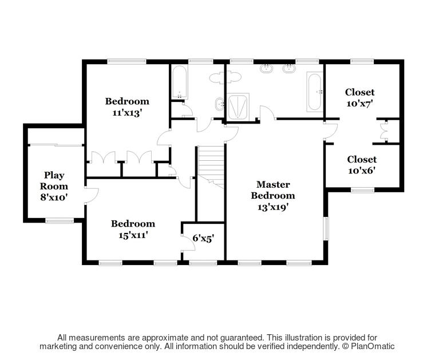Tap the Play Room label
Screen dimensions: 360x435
pyautogui.click(x=54, y=186)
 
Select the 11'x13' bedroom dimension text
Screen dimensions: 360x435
pyautogui.click(x=126, y=113)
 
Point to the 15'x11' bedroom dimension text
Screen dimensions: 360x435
pyautogui.click(x=133, y=235)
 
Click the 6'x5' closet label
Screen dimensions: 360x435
pyautogui.click(x=203, y=238)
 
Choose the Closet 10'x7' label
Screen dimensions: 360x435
pyautogui.click(x=359, y=97)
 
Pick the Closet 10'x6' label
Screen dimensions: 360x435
pyautogui.click(x=362, y=165)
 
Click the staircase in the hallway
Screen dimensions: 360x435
pyautogui.click(x=211, y=163)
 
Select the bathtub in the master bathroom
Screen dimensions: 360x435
pyautogui.click(x=314, y=92)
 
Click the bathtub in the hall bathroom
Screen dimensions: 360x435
pyautogui.click(x=179, y=83)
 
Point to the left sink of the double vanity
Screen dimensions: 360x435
pyautogui.click(x=267, y=69)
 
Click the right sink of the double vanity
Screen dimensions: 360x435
pyautogui.click(x=290, y=69)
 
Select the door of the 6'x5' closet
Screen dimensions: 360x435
pyautogui.click(x=186, y=243)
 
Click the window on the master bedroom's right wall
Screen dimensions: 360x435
pyautogui.click(x=326, y=228)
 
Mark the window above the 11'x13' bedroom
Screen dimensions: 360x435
pyautogui.click(x=126, y=61)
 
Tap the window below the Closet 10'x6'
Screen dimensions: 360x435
pyautogui.click(x=362, y=190)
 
